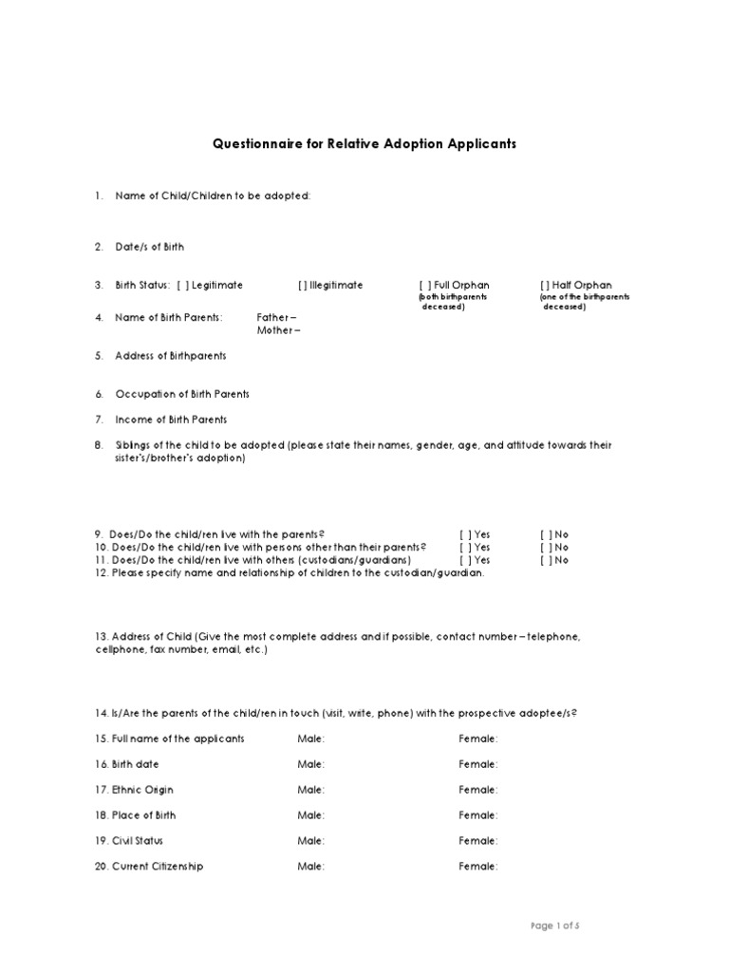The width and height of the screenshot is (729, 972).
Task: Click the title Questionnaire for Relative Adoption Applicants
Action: (364, 144)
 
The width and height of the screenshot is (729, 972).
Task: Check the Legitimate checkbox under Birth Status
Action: (182, 285)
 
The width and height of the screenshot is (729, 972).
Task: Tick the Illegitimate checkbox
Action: (302, 285)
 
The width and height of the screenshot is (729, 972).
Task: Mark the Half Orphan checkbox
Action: (545, 285)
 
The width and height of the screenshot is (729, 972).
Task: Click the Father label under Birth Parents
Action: (276, 317)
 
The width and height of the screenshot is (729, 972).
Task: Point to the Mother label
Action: (278, 330)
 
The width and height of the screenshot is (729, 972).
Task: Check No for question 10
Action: (545, 547)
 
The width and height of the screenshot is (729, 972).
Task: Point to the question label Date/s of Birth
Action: (149, 247)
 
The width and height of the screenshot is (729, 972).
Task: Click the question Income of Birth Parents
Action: (170, 420)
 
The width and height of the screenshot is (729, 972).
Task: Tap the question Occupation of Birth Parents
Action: (181, 394)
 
